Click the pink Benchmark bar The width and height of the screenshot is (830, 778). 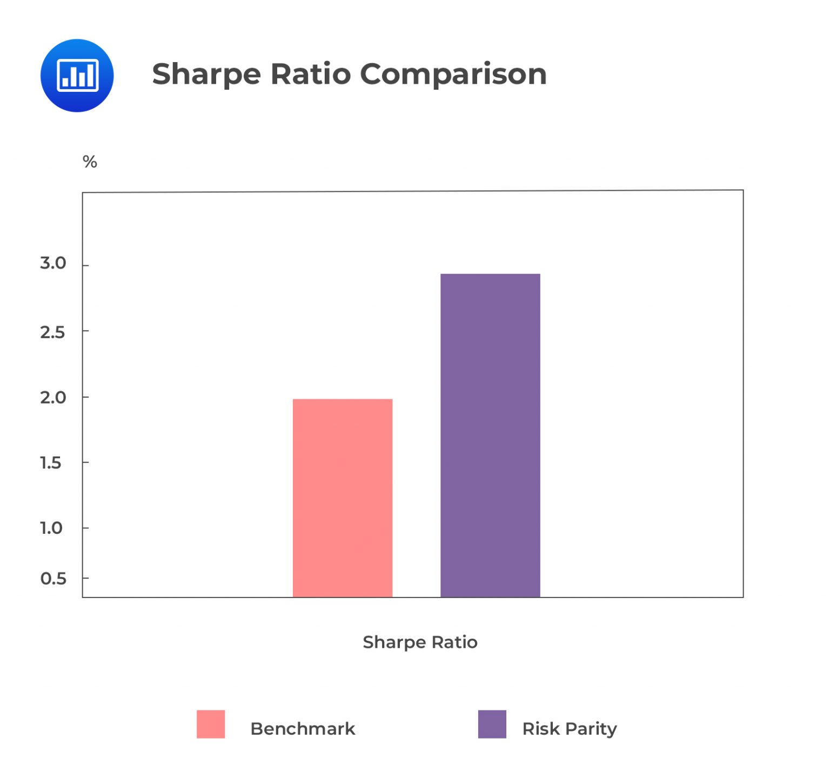(343, 498)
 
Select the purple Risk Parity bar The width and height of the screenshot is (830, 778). (490, 435)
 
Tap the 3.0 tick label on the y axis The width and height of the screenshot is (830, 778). (53, 263)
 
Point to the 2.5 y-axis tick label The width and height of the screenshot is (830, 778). (52, 332)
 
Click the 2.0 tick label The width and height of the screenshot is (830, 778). (53, 398)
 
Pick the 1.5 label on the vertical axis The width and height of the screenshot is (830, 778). (51, 463)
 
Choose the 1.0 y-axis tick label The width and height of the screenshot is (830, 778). (51, 528)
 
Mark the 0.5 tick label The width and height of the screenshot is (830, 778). (53, 579)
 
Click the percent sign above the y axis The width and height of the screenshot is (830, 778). (90, 162)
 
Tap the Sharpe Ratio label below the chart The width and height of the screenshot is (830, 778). (420, 642)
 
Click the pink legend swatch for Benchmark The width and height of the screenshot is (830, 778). (211, 724)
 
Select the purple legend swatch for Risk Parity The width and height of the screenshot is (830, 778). (492, 724)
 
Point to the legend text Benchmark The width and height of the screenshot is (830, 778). (303, 729)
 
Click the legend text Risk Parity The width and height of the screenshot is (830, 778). (569, 729)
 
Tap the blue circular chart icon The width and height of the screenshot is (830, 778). (77, 76)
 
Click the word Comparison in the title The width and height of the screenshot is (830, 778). (453, 74)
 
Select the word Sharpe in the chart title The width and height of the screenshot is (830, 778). (206, 74)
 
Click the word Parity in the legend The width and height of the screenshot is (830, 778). (591, 729)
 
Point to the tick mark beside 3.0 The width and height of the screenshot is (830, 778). (85, 265)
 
